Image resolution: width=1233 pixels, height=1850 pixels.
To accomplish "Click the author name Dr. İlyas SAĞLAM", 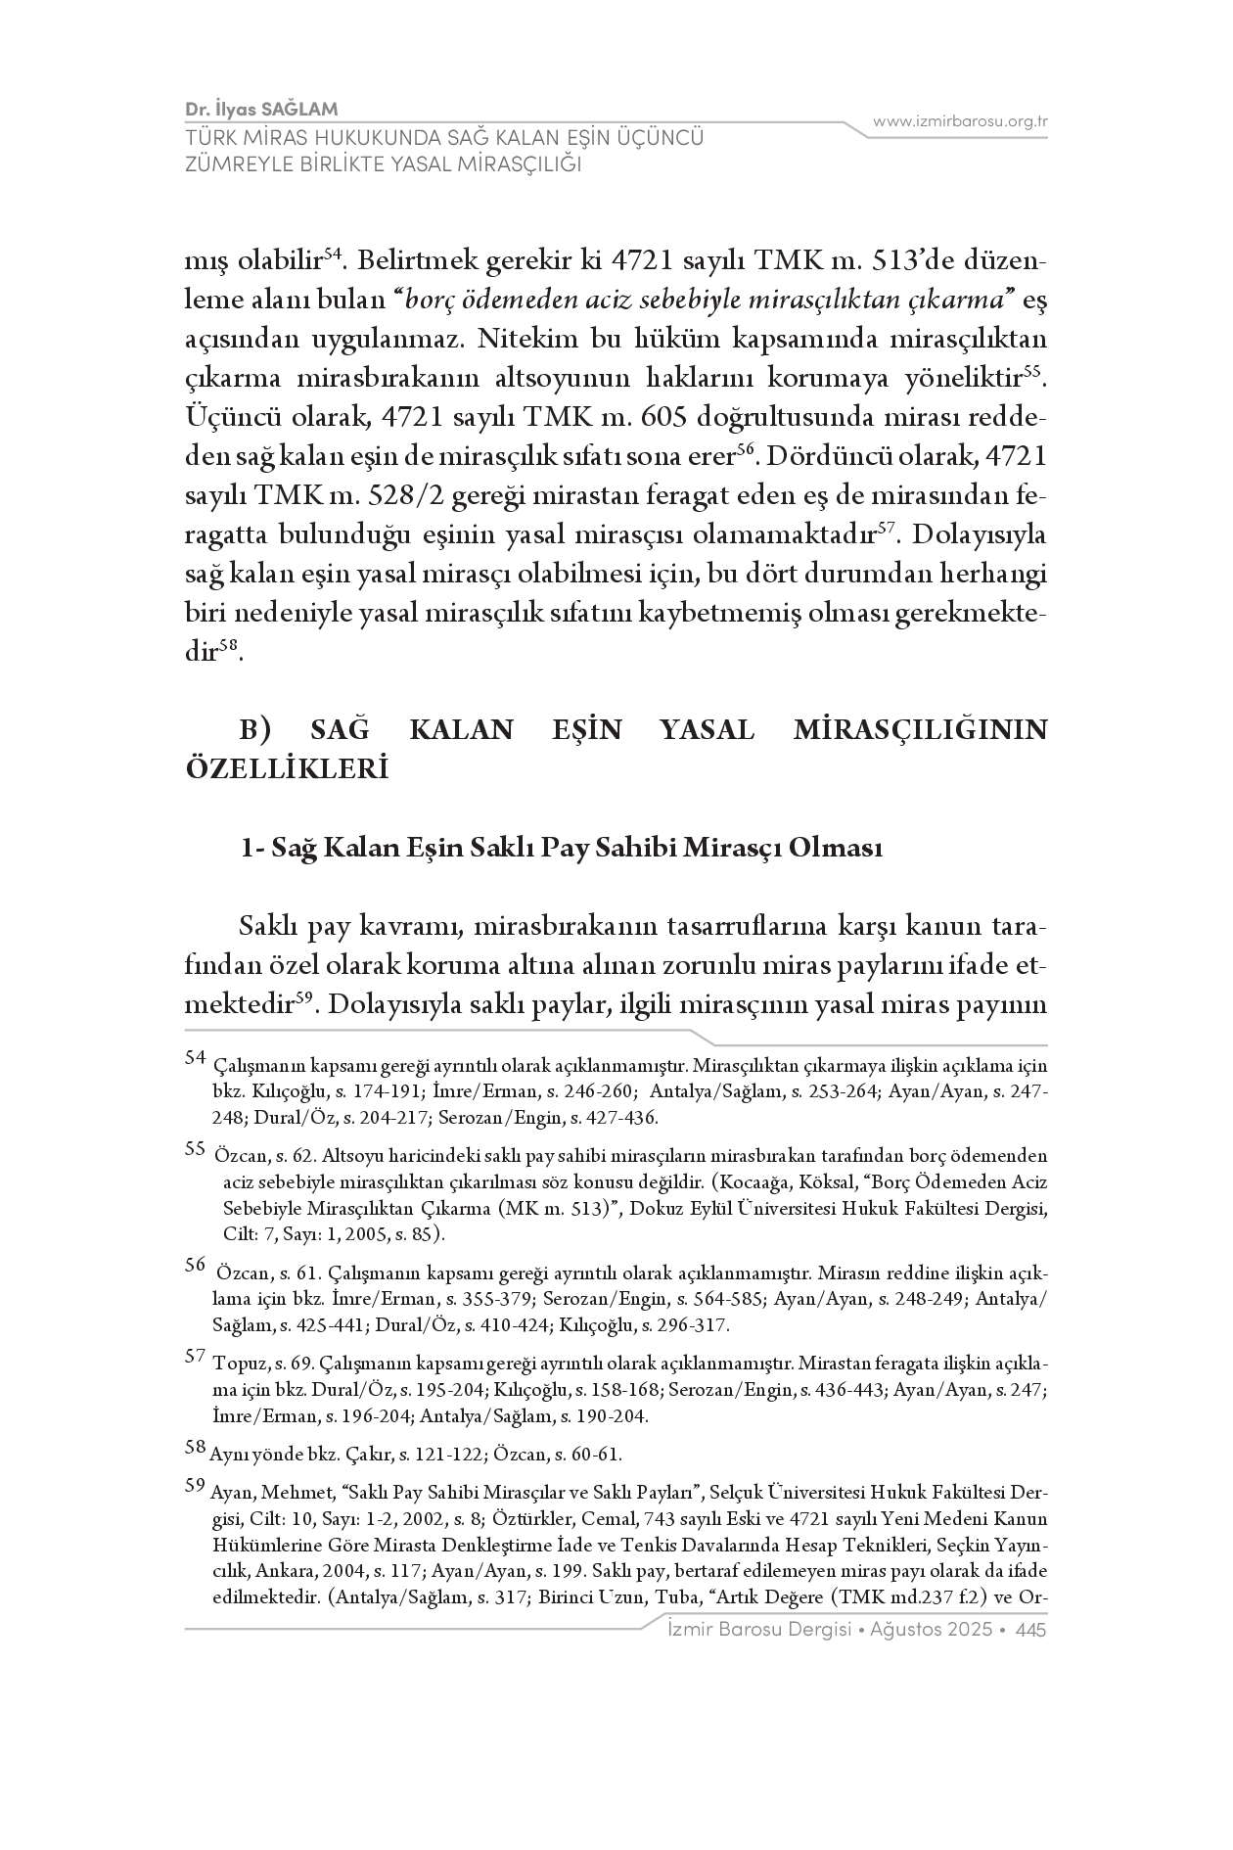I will coord(261,109).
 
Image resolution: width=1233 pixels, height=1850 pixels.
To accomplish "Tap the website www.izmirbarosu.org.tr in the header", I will coord(960,121).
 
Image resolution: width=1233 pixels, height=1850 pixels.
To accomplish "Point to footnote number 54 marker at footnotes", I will coord(195,1057).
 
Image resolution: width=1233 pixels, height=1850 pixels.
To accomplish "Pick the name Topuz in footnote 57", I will coord(234,1362).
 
